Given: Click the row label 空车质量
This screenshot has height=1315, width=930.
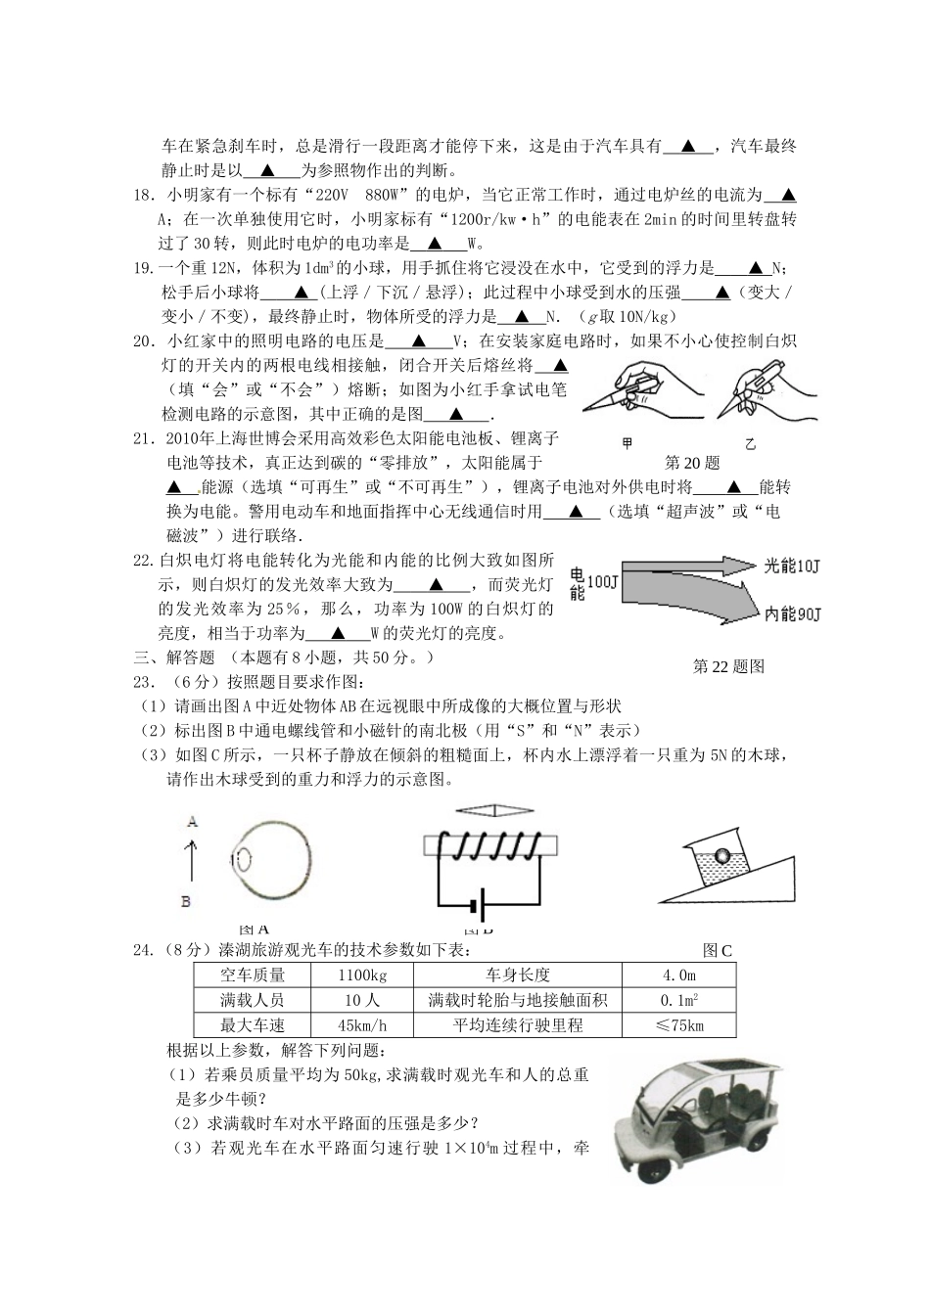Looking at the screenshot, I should pyautogui.click(x=253, y=975).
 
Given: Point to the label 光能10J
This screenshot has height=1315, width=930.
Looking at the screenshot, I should pyautogui.click(x=793, y=566).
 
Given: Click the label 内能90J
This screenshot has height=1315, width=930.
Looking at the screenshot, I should pyautogui.click(x=793, y=614).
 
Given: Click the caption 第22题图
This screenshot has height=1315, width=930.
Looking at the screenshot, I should pyautogui.click(x=728, y=667).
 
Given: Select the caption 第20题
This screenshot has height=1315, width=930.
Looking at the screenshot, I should pyautogui.click(x=692, y=462).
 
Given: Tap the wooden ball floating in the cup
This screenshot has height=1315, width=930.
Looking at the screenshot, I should pyautogui.click(x=721, y=855).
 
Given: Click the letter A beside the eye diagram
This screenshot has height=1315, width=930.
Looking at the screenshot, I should pyautogui.click(x=193, y=822).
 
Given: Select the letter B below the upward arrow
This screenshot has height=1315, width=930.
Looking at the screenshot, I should pyautogui.click(x=186, y=901).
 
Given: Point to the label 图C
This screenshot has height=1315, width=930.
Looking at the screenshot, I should pyautogui.click(x=717, y=950).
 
